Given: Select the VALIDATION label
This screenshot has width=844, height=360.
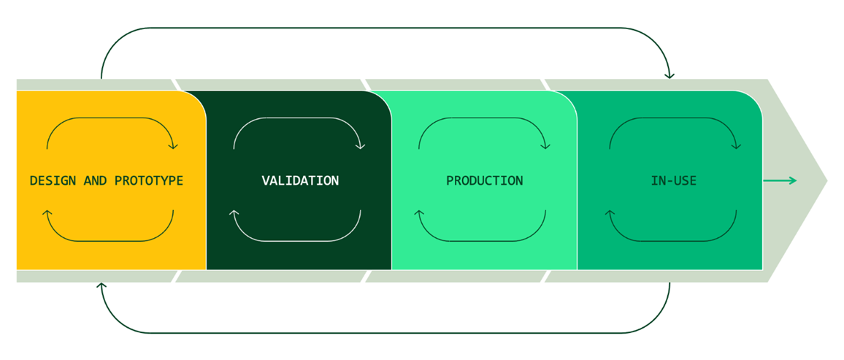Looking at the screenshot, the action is click(300, 181).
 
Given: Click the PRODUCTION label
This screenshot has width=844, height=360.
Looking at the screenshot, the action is click(485, 181).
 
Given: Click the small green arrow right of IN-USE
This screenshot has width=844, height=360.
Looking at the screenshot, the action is click(780, 181).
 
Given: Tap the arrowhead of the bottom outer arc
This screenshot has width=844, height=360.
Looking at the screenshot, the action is click(101, 286).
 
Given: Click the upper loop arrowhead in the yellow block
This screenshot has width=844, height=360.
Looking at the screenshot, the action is click(173, 146).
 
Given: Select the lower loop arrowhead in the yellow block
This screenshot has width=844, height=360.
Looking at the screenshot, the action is click(47, 213).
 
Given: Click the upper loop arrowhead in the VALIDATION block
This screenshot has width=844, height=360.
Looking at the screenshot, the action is click(360, 146).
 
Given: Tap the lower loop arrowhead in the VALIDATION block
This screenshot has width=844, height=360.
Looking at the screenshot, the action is click(234, 213).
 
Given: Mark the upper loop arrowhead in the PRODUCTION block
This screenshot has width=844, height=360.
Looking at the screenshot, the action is click(546, 146).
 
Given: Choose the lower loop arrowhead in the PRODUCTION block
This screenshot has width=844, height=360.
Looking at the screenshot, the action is click(419, 213).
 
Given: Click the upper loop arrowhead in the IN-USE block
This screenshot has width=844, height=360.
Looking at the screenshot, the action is click(736, 146).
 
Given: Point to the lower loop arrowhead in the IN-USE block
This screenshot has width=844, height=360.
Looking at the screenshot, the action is click(610, 213).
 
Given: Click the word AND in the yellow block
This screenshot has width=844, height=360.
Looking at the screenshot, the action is click(95, 181).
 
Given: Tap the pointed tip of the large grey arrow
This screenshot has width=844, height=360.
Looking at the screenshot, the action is click(827, 181).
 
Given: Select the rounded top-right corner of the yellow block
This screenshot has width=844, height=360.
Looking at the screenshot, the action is click(200, 98).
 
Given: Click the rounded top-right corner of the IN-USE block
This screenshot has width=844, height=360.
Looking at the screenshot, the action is click(756, 98).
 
